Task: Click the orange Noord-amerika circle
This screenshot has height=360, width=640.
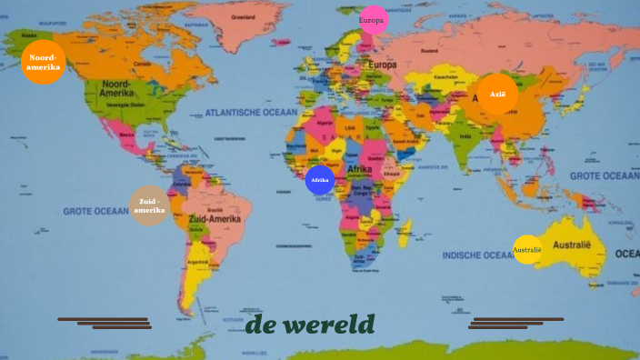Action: pos(44,62)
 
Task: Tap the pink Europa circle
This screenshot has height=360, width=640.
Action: pos(373,20)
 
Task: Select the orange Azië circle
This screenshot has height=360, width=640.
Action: pos(497,95)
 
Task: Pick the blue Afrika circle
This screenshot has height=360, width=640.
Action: pos(320,180)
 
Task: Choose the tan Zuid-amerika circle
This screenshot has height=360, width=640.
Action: pos(149,205)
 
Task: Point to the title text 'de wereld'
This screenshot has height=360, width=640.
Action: pos(310,325)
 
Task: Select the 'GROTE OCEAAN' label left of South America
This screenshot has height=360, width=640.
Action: pos(95,211)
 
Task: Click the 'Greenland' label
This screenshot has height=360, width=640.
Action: pos(243,17)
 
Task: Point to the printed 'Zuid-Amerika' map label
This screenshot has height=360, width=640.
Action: pos(215,219)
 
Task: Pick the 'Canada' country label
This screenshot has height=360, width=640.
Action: pos(142,64)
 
